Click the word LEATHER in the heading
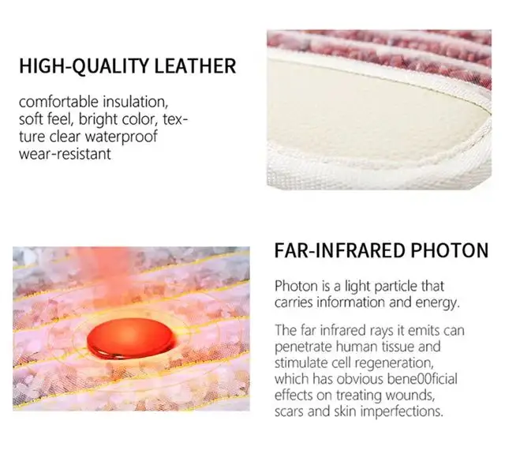192,66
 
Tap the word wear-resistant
65,154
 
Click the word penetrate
303,346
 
